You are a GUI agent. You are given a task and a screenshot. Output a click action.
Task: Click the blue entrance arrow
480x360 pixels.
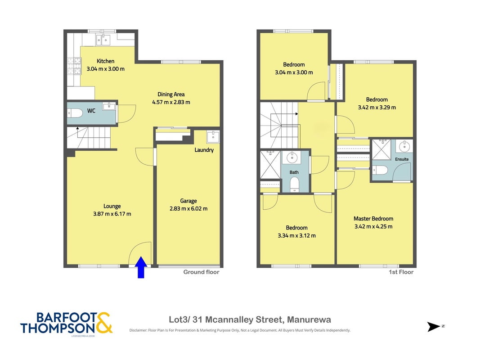coord(141,267)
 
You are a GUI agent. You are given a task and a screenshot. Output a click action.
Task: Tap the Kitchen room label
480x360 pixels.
coord(106,61)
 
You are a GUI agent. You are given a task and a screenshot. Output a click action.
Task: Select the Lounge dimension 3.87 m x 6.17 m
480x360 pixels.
coord(112,214)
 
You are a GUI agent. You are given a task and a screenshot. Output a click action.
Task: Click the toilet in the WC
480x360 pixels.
coord(75,113)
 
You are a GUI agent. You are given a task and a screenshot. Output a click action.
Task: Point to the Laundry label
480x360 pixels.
coord(204,150)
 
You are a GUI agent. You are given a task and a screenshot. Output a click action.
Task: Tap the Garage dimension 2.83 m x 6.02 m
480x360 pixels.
coord(188,209)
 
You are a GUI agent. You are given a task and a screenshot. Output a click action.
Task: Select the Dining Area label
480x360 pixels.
coord(171,94)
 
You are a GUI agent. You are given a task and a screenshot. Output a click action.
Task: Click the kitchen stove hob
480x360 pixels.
coord(74,66)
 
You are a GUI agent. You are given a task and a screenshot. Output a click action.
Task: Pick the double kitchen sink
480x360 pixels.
coord(103,40)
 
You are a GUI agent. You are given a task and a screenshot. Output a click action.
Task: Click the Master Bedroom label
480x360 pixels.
coord(373,219)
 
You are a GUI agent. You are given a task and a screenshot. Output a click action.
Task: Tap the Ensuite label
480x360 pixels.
coord(402,159)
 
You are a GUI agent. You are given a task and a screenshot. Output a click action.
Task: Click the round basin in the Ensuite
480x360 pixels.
coord(404,146)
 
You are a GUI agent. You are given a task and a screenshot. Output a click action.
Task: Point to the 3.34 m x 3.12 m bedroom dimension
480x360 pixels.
coord(297,236)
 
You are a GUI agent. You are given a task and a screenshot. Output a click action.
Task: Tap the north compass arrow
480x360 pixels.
coord(434,327)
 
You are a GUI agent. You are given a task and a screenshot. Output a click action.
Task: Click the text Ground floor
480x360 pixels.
coord(202,272)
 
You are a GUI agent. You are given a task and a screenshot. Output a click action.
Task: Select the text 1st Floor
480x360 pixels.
coord(401,272)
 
